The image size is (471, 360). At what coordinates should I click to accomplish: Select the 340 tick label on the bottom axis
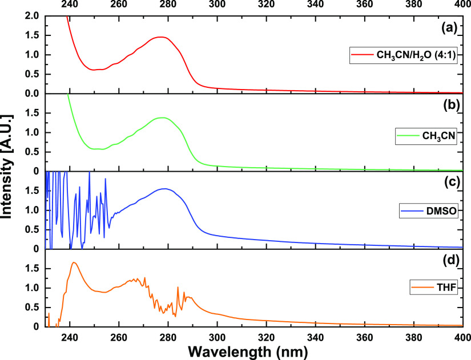tap(315, 335)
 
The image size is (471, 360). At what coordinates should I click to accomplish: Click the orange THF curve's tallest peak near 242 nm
tap(74, 263)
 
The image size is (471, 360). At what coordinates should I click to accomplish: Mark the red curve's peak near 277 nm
tap(161, 37)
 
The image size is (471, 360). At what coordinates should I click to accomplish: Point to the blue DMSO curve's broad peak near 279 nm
tap(165, 189)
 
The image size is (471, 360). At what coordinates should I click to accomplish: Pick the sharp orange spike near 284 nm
tap(178, 287)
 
